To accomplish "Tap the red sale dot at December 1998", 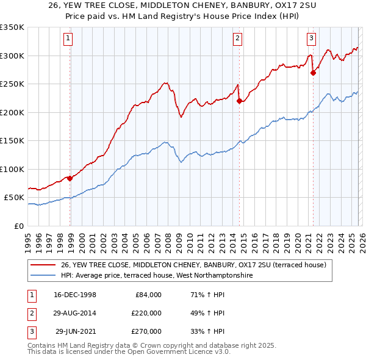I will [x=70, y=178].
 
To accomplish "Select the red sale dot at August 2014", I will [x=239, y=101].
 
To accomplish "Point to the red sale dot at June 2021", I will [x=313, y=73].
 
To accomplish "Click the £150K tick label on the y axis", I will [x=12, y=141].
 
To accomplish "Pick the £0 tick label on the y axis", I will [x=18, y=226].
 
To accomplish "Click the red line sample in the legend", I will [x=43, y=265].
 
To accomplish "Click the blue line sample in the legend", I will [x=43, y=275].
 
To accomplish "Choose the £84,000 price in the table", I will [x=148, y=295].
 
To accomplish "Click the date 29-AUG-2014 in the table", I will [x=74, y=313].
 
